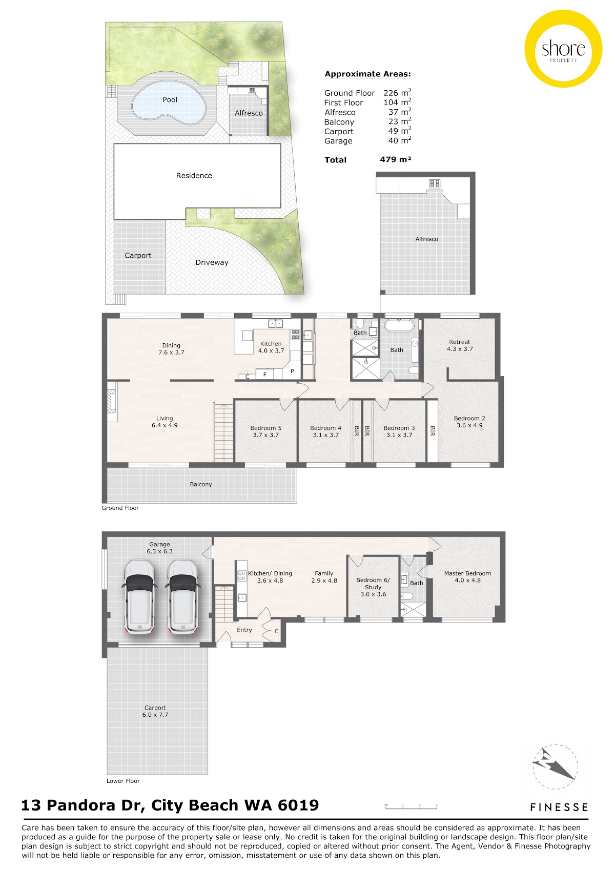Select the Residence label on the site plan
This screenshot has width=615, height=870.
(x=194, y=176)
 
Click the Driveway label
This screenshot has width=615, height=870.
(x=212, y=262)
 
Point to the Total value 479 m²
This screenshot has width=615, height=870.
(x=396, y=159)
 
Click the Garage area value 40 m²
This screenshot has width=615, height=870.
(x=400, y=140)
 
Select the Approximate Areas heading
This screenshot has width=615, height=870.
(x=367, y=74)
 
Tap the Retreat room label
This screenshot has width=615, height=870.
(x=460, y=342)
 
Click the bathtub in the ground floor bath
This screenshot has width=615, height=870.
(x=399, y=325)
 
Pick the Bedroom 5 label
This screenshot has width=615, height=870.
(x=266, y=428)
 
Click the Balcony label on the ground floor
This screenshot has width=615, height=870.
(x=201, y=484)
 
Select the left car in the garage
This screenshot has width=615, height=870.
(x=139, y=597)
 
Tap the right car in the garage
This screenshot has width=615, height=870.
(x=182, y=597)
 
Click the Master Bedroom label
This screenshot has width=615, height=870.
(x=467, y=573)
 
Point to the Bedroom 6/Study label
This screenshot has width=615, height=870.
(x=373, y=584)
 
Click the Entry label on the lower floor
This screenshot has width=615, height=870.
(x=244, y=630)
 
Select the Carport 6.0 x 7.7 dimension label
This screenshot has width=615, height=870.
(x=155, y=715)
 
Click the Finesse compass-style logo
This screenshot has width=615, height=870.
(x=555, y=767)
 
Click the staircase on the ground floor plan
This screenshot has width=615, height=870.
(x=223, y=432)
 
